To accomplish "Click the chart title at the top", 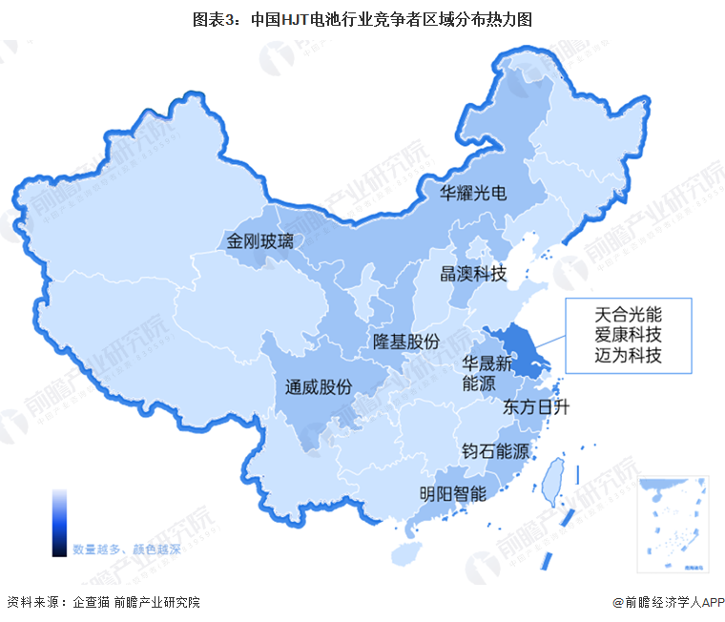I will [362, 18].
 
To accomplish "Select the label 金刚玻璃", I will [260, 241].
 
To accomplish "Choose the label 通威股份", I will [319, 386].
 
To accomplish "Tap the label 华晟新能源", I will [487, 373].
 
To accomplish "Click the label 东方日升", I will [535, 407].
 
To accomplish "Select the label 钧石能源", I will [495, 451].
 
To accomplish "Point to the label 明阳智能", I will [453, 494].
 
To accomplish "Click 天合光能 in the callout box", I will [628, 313].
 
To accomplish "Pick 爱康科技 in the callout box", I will [628, 335].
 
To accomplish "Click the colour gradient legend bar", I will [59, 523].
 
